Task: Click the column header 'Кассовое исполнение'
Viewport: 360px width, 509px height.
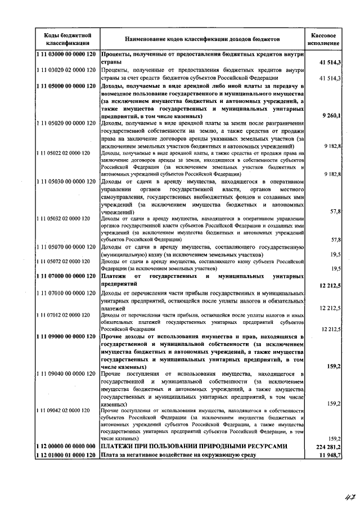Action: pyautogui.click(x=327, y=39)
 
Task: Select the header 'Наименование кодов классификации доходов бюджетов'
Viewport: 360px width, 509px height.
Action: pyautogui.click(x=201, y=40)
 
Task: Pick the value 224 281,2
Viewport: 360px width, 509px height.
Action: pyautogui.click(x=327, y=446)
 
